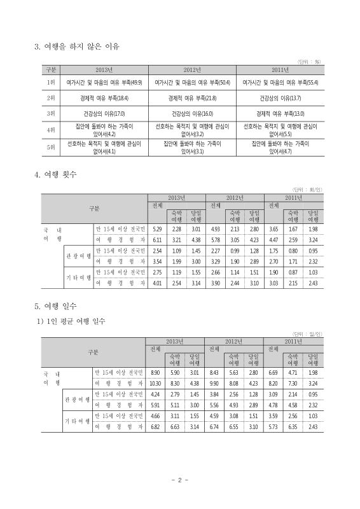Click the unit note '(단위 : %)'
click(x=308, y=61)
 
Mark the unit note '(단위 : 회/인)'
click(x=305, y=190)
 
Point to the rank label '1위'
click(x=51, y=83)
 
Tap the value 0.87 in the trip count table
click(x=293, y=272)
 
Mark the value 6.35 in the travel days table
click(x=293, y=427)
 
